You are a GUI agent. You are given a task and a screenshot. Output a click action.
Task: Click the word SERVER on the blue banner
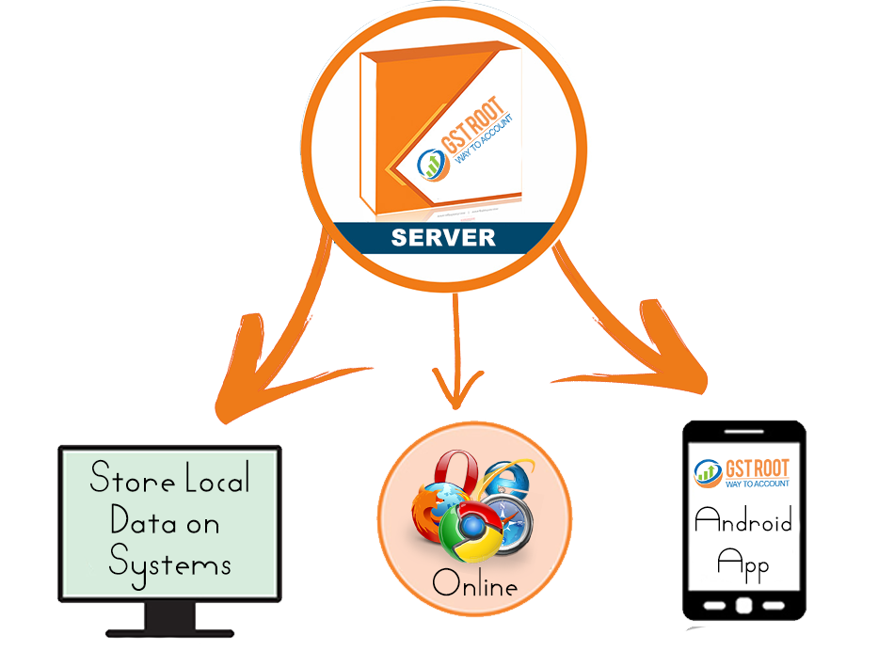[442, 237]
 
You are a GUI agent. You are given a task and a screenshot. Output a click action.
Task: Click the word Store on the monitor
[133, 479]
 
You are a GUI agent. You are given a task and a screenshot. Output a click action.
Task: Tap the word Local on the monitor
[216, 479]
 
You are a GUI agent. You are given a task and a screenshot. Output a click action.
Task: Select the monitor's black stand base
[170, 628]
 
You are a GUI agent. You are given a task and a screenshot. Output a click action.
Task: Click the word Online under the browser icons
[474, 585]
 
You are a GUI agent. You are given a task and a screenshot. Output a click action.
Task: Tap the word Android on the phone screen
[742, 520]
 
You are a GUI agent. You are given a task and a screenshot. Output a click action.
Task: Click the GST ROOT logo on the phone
[742, 470]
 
